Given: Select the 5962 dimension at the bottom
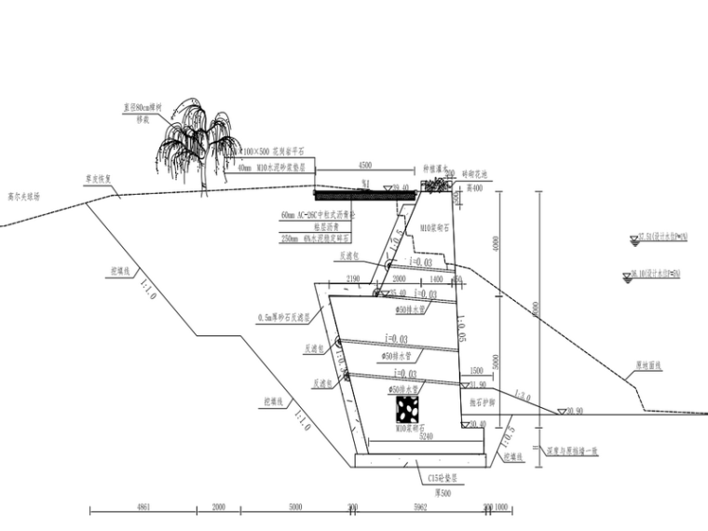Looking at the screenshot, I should click(x=418, y=507).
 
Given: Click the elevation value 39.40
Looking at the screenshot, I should click(x=401, y=187).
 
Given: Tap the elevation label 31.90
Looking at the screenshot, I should click(x=478, y=384).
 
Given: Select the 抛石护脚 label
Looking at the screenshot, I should click(x=482, y=402).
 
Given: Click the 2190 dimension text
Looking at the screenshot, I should click(x=352, y=279).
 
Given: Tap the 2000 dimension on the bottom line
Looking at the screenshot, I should click(x=219, y=507).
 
